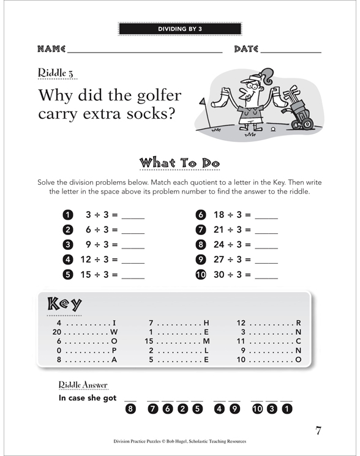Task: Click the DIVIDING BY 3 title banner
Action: click(180, 29)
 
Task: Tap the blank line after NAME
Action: click(145, 53)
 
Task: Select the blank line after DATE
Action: click(291, 53)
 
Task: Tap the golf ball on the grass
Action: click(273, 129)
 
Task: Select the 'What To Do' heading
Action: click(179, 163)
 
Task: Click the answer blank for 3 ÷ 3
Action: click(133, 218)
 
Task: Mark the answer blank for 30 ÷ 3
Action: click(266, 278)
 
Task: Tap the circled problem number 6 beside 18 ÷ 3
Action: click(201, 215)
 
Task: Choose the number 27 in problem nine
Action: click(219, 260)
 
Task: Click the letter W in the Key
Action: click(114, 332)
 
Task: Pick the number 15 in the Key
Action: click(149, 341)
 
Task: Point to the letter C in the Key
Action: click(298, 341)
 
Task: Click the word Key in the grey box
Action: click(64, 304)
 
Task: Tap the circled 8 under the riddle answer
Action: click(130, 409)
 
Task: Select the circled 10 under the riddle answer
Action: click(257, 409)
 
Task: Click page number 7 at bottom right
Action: click(318, 430)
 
